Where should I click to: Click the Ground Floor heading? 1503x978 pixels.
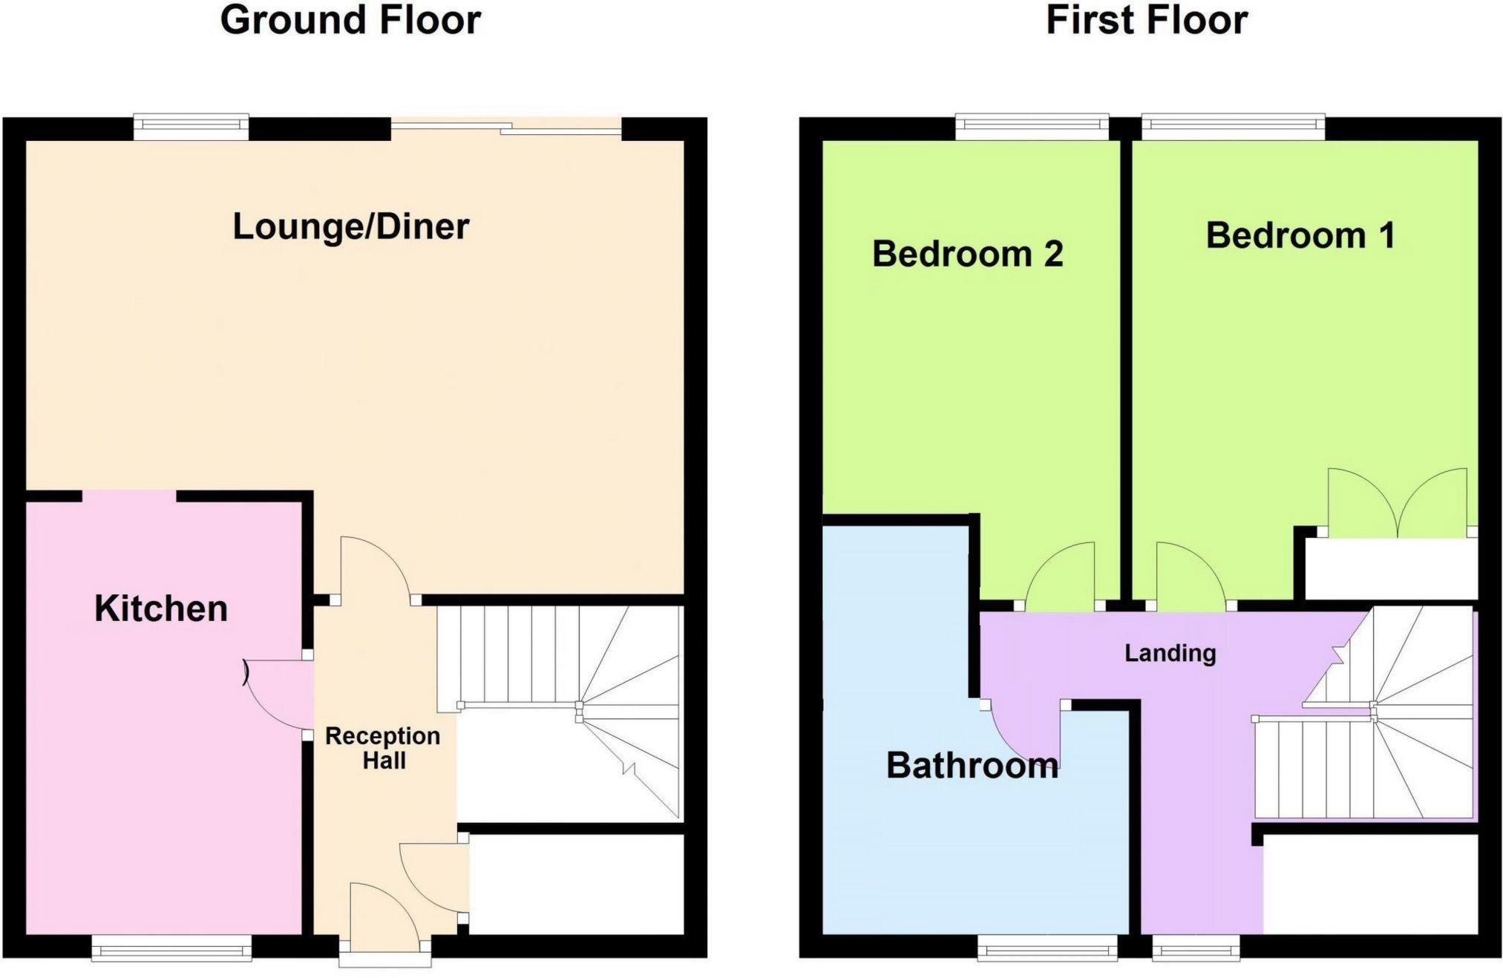[350, 20]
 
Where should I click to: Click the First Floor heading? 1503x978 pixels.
[1147, 20]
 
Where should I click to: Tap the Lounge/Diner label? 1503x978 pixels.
[351, 226]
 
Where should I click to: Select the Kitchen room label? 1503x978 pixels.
[161, 608]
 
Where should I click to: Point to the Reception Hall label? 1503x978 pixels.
[383, 748]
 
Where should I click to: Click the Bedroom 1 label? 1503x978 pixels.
[1300, 235]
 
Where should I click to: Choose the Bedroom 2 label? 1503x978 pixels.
[968, 254]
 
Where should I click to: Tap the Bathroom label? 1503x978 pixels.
[972, 765]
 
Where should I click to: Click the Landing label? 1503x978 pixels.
[1170, 653]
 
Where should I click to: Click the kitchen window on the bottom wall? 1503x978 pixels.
[171, 948]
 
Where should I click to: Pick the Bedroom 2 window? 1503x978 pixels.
[1032, 127]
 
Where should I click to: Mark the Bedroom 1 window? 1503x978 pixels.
[1233, 127]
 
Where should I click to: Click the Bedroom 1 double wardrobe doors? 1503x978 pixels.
[1398, 502]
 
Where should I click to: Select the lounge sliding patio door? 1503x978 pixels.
[506, 127]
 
